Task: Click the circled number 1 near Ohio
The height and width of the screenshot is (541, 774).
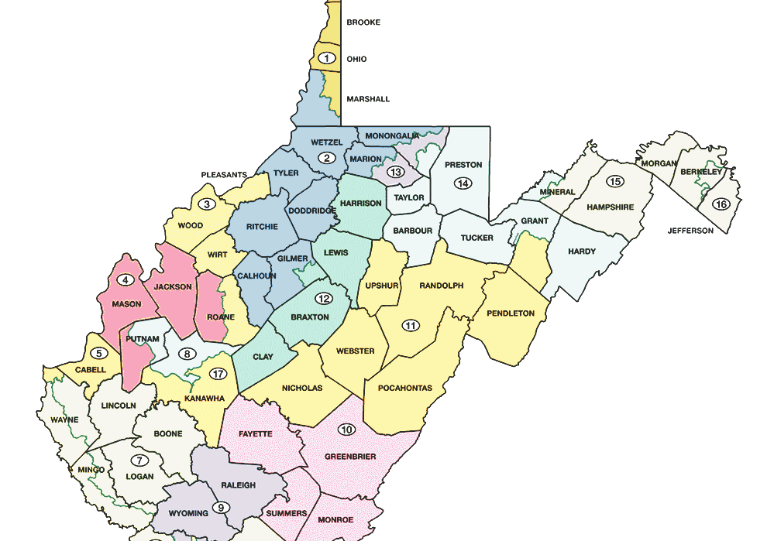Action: [x=327, y=58]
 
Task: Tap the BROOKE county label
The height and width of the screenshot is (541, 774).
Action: [x=363, y=22]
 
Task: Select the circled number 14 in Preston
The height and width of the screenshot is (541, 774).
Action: [x=463, y=183]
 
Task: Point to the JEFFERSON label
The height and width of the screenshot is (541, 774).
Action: [x=690, y=231]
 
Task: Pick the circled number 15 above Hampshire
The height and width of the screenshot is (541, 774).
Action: [x=615, y=182]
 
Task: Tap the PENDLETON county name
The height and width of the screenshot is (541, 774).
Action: [x=511, y=313]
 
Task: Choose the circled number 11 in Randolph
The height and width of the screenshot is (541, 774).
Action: [x=410, y=326]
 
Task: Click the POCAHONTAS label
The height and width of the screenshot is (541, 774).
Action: [x=404, y=388]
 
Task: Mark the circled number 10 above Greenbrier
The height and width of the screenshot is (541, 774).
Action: [x=346, y=430]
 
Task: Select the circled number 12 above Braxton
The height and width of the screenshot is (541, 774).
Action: [x=323, y=299]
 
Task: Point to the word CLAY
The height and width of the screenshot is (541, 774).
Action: [x=264, y=358]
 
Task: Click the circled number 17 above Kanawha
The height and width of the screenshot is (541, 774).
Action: [x=218, y=375]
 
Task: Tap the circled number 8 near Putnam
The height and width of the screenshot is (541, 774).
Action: [x=186, y=354]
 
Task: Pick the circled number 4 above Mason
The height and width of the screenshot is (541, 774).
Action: [x=125, y=280]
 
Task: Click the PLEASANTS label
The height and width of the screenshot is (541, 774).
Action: [x=224, y=175]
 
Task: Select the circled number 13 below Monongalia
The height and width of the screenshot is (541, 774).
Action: [x=396, y=172]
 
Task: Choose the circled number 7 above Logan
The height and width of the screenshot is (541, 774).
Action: [x=140, y=460]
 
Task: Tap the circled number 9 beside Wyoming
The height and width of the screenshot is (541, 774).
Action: [x=221, y=508]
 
